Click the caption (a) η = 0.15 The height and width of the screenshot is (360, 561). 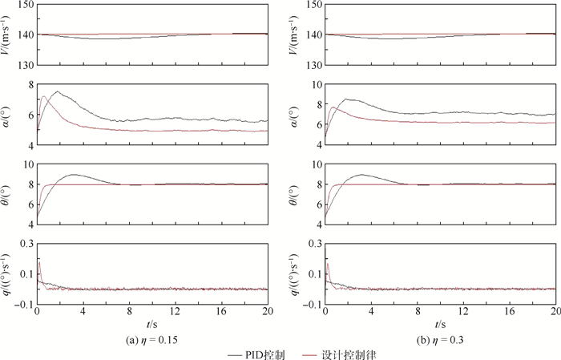pos(151,340)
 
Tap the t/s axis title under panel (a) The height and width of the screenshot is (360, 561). pos(152,326)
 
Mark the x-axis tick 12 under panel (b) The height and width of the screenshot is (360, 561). pos(462,312)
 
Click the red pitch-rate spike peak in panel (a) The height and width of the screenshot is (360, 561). pos(39,261)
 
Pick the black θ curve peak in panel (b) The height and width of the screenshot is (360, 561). pos(362,174)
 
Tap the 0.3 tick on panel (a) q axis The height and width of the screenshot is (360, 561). pos(26,243)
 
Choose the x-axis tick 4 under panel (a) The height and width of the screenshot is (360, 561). pos(83,312)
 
